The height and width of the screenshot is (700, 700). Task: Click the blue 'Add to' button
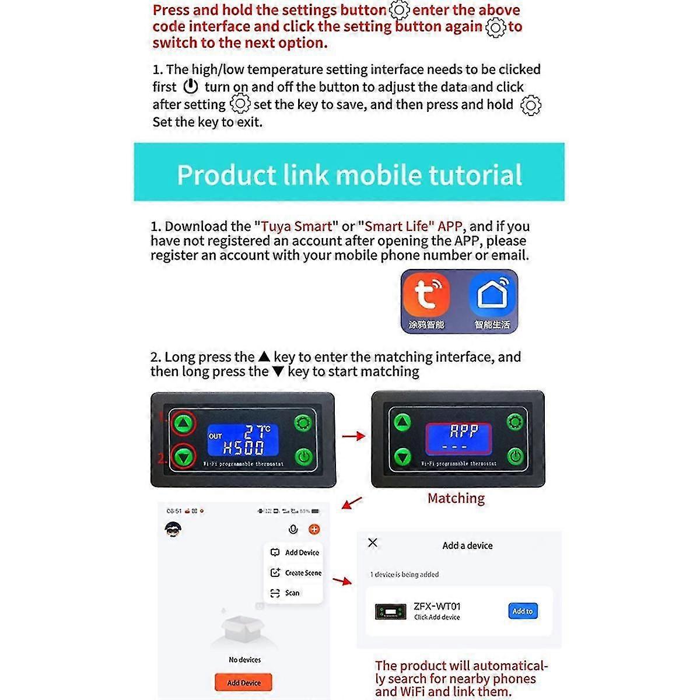523,611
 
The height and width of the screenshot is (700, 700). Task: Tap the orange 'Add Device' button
243,682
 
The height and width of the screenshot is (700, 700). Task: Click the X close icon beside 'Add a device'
373,543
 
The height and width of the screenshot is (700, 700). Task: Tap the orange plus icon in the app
314,529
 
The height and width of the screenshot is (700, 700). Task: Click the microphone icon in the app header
293,529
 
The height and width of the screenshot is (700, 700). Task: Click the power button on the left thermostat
303,456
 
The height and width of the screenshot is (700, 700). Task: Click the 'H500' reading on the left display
244,448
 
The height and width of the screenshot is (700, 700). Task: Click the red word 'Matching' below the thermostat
456,498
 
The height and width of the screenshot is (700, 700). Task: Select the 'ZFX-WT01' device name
437,606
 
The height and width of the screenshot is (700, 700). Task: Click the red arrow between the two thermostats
353,436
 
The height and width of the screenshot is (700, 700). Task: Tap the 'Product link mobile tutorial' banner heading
349,174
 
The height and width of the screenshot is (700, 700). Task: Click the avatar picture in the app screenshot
173,528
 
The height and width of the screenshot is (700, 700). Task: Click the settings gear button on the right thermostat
514,422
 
